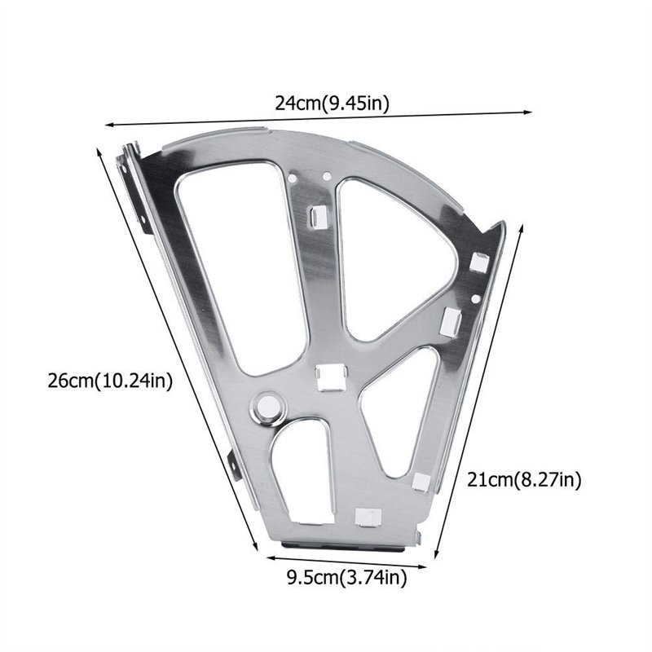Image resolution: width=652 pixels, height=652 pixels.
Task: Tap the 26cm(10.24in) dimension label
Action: (x=110, y=381)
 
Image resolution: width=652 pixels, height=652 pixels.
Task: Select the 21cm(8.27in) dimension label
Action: (x=523, y=480)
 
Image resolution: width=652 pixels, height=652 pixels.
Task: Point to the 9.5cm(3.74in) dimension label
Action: (x=346, y=579)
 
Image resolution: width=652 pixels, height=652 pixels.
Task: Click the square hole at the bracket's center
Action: (x=331, y=377)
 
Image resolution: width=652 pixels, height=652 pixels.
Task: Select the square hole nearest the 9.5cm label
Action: (x=365, y=516)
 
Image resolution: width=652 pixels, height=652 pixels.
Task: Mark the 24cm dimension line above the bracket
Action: (x=318, y=119)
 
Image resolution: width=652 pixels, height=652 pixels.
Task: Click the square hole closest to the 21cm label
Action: (x=420, y=481)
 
